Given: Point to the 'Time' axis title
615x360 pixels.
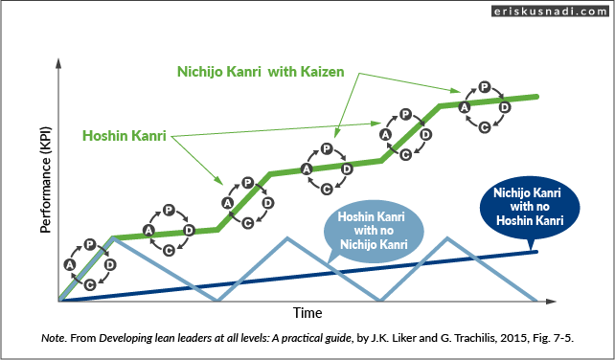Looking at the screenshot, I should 307,313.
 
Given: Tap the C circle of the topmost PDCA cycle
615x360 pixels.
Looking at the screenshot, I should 485,126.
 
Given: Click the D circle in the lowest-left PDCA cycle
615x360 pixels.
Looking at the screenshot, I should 110,264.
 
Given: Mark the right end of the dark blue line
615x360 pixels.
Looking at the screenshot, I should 536,251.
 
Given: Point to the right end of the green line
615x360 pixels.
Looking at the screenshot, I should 536,97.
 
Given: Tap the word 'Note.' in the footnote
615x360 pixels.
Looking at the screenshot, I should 56,338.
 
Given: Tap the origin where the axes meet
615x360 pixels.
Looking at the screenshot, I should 59,301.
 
